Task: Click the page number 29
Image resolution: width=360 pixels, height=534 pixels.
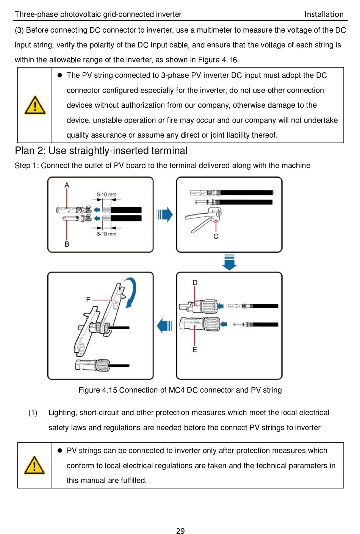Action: (180, 531)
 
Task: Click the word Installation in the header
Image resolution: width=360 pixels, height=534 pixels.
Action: (324, 14)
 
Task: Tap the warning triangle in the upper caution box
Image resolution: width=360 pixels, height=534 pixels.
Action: (35, 105)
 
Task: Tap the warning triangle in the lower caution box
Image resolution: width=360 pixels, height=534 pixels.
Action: (34, 465)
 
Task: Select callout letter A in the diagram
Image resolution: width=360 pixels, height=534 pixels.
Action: (67, 185)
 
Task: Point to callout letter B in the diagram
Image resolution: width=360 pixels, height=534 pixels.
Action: (67, 244)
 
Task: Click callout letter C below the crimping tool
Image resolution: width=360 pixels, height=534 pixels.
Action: (216, 236)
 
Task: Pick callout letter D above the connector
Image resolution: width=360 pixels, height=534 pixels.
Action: (195, 283)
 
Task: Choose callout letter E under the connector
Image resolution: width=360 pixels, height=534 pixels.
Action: (195, 350)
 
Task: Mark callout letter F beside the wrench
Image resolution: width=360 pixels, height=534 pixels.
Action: (88, 300)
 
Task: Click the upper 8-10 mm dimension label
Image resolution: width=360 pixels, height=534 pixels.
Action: (106, 195)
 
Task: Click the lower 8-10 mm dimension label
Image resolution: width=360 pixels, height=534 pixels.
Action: (106, 234)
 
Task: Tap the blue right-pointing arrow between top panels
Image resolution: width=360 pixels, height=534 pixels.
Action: (165, 215)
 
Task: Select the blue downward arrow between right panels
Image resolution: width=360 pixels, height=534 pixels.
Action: (229, 262)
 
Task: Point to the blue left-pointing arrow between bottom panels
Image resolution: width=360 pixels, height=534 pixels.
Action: (165, 325)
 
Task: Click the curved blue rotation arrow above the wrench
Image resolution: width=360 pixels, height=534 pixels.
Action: (131, 292)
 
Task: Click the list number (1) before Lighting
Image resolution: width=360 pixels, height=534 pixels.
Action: (33, 413)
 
